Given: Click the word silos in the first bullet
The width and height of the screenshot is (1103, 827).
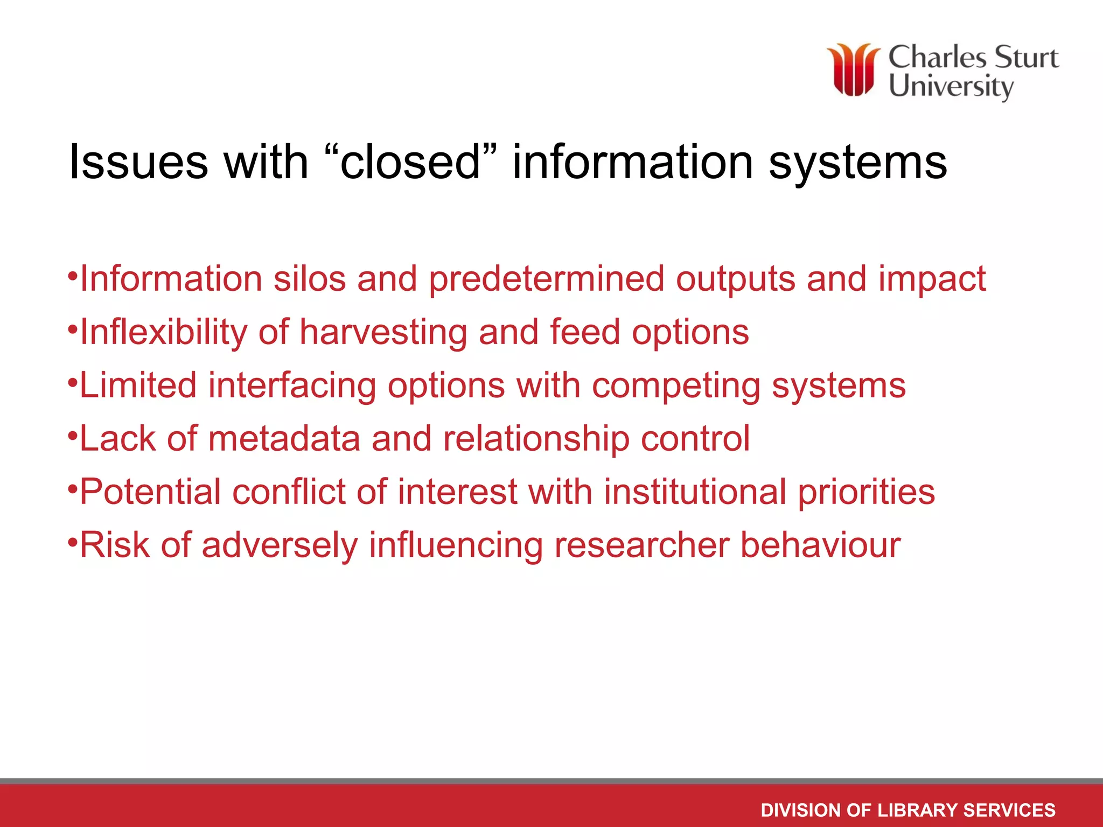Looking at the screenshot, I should tap(309, 279).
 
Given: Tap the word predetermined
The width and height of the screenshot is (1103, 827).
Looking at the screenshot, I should tap(546, 279).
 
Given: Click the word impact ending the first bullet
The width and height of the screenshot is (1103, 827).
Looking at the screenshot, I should tap(932, 279).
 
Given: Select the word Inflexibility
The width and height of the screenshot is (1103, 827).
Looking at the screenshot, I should tap(163, 332).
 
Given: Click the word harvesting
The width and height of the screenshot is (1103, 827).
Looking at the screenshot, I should tap(383, 332).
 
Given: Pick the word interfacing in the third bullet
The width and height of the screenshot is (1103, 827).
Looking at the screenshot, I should tap(292, 386).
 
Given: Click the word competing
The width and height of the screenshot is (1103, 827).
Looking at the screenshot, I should tap(676, 386).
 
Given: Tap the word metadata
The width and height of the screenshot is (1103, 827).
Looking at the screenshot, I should tap(284, 439).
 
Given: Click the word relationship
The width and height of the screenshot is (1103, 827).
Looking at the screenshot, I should tap(536, 439).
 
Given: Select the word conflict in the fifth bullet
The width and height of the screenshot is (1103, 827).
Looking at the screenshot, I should tap(289, 492).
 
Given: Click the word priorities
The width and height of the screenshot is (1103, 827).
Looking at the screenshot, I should tap(866, 492).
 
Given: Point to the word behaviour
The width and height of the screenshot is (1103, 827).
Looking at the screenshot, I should tap(820, 545).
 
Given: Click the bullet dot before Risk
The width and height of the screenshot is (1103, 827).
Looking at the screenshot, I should tap(73, 540).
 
